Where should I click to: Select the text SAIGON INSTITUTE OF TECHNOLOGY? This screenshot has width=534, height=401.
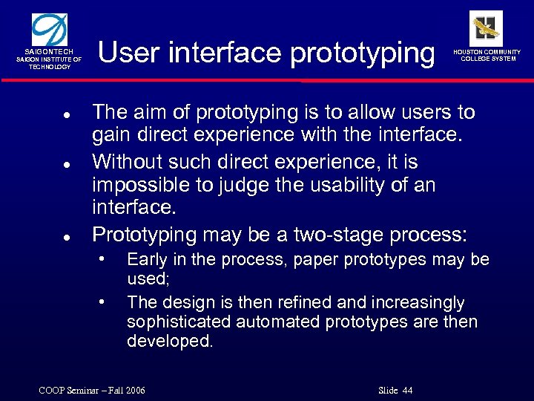pos(50,63)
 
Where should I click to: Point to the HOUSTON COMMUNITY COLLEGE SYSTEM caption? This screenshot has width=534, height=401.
pos(487,56)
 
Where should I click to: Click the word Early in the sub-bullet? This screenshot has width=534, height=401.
pos(146,259)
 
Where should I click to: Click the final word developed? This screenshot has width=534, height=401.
pos(170,342)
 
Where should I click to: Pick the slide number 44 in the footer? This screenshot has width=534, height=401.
pos(406,391)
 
